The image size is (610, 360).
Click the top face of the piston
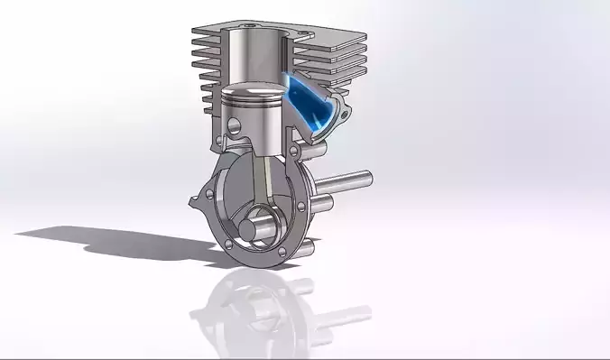pos(254,91)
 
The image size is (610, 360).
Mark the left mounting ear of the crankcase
pos(201,198)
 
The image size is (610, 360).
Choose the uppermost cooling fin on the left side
pos(205,32)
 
